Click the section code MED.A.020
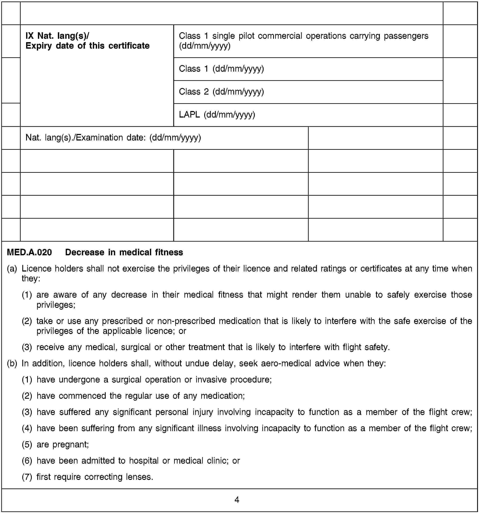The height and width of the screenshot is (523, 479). [29, 252]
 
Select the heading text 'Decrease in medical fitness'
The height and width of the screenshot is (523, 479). [124, 252]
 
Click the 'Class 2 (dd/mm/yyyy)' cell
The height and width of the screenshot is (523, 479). [221, 92]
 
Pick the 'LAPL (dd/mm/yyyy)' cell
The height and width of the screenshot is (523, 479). [217, 115]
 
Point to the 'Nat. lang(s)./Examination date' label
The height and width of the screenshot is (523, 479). [113, 138]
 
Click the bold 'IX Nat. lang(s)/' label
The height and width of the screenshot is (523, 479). [57, 36]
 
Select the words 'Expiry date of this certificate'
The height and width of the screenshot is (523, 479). [87, 46]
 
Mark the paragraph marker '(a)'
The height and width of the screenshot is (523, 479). [12, 269]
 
